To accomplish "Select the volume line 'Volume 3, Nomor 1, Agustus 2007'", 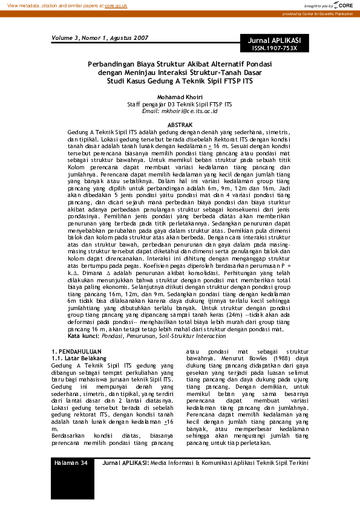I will (100, 37).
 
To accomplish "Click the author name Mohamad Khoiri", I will (179, 97).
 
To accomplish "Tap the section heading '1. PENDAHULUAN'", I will (76, 351).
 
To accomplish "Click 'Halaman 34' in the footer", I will (71, 462).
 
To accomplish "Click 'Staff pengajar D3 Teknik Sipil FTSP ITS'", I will (179, 104).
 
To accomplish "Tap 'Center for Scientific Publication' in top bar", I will (330, 13).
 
